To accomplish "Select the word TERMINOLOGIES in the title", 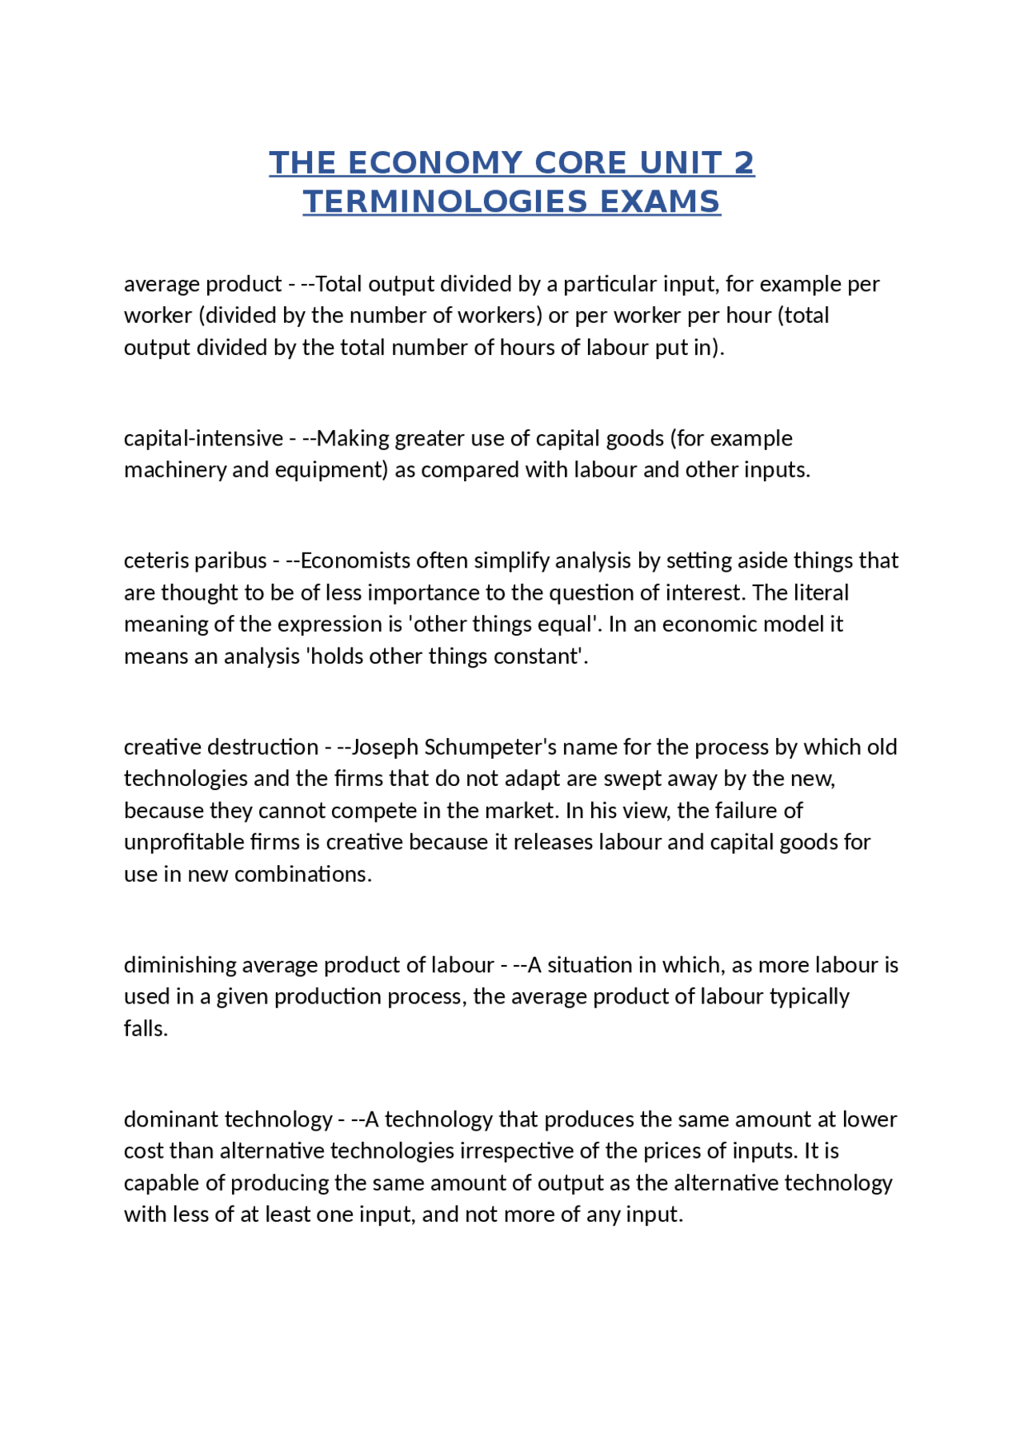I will [x=446, y=201].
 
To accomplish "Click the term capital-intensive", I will [x=203, y=438].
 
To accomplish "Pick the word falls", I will [x=146, y=1029].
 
